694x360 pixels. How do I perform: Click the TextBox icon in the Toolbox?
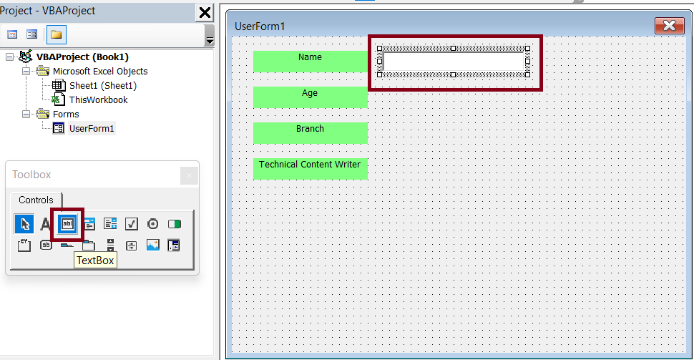click(67, 224)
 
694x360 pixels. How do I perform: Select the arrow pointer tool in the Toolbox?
click(24, 224)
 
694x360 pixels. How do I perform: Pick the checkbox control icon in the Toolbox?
click(132, 224)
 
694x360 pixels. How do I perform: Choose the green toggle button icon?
click(175, 224)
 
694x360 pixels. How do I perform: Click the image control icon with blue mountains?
click(152, 245)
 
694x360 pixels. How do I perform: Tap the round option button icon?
click(152, 224)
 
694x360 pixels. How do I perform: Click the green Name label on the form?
click(311, 61)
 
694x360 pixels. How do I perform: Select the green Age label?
click(311, 97)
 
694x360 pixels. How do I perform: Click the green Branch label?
click(311, 133)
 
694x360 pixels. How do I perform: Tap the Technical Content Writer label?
click(311, 169)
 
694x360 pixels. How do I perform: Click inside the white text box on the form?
click(454, 62)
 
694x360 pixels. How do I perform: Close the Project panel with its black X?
click(205, 12)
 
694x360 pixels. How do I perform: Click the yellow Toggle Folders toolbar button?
click(57, 34)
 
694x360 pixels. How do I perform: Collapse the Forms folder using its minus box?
click(26, 115)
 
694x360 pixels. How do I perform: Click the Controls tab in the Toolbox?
click(36, 200)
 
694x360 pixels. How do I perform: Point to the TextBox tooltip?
click(95, 261)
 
